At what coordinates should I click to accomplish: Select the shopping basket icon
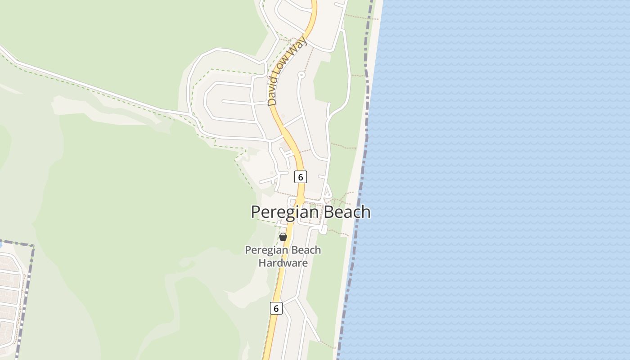click(283, 237)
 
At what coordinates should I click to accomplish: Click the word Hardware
click(283, 263)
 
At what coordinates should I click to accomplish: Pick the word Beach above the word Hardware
click(306, 250)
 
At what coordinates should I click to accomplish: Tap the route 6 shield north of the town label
click(300, 177)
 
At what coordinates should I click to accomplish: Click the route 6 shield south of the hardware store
click(276, 308)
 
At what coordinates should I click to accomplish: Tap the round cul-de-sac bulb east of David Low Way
click(301, 74)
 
